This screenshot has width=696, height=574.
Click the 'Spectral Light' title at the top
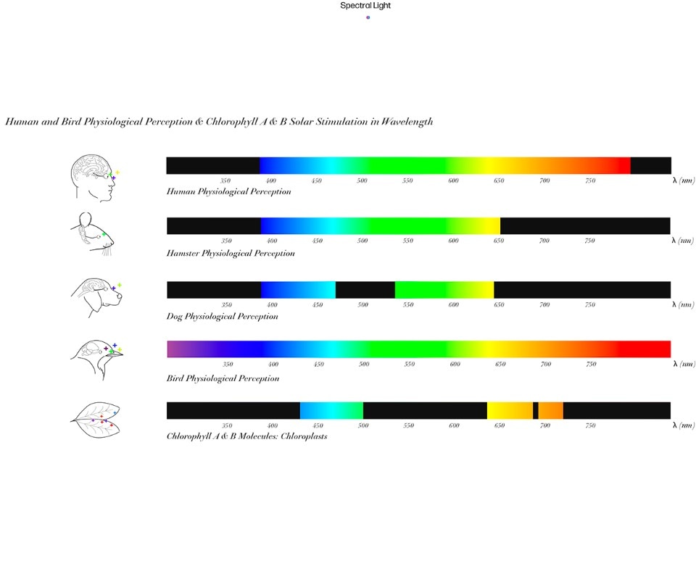tap(365, 6)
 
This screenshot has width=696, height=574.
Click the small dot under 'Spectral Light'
tap(368, 17)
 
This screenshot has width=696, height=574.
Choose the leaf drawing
tap(95, 418)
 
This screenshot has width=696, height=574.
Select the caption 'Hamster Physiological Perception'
tap(231, 254)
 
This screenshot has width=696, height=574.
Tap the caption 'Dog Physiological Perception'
tap(222, 317)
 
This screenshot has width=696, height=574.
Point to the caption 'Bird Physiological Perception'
tap(223, 378)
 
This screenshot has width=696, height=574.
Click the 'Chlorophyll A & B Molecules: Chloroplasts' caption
tap(246, 436)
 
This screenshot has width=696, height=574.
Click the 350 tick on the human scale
tap(225, 180)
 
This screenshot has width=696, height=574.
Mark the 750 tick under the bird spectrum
tap(591, 365)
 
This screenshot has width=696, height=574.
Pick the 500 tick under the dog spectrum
tap(362, 305)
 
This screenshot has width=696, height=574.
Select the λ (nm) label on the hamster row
tap(682, 241)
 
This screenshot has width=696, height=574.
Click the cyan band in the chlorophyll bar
tap(331, 410)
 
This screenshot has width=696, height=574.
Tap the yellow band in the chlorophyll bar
tap(509, 410)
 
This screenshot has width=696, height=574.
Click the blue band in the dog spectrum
tap(297, 290)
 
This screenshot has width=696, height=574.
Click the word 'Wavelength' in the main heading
tap(407, 121)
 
